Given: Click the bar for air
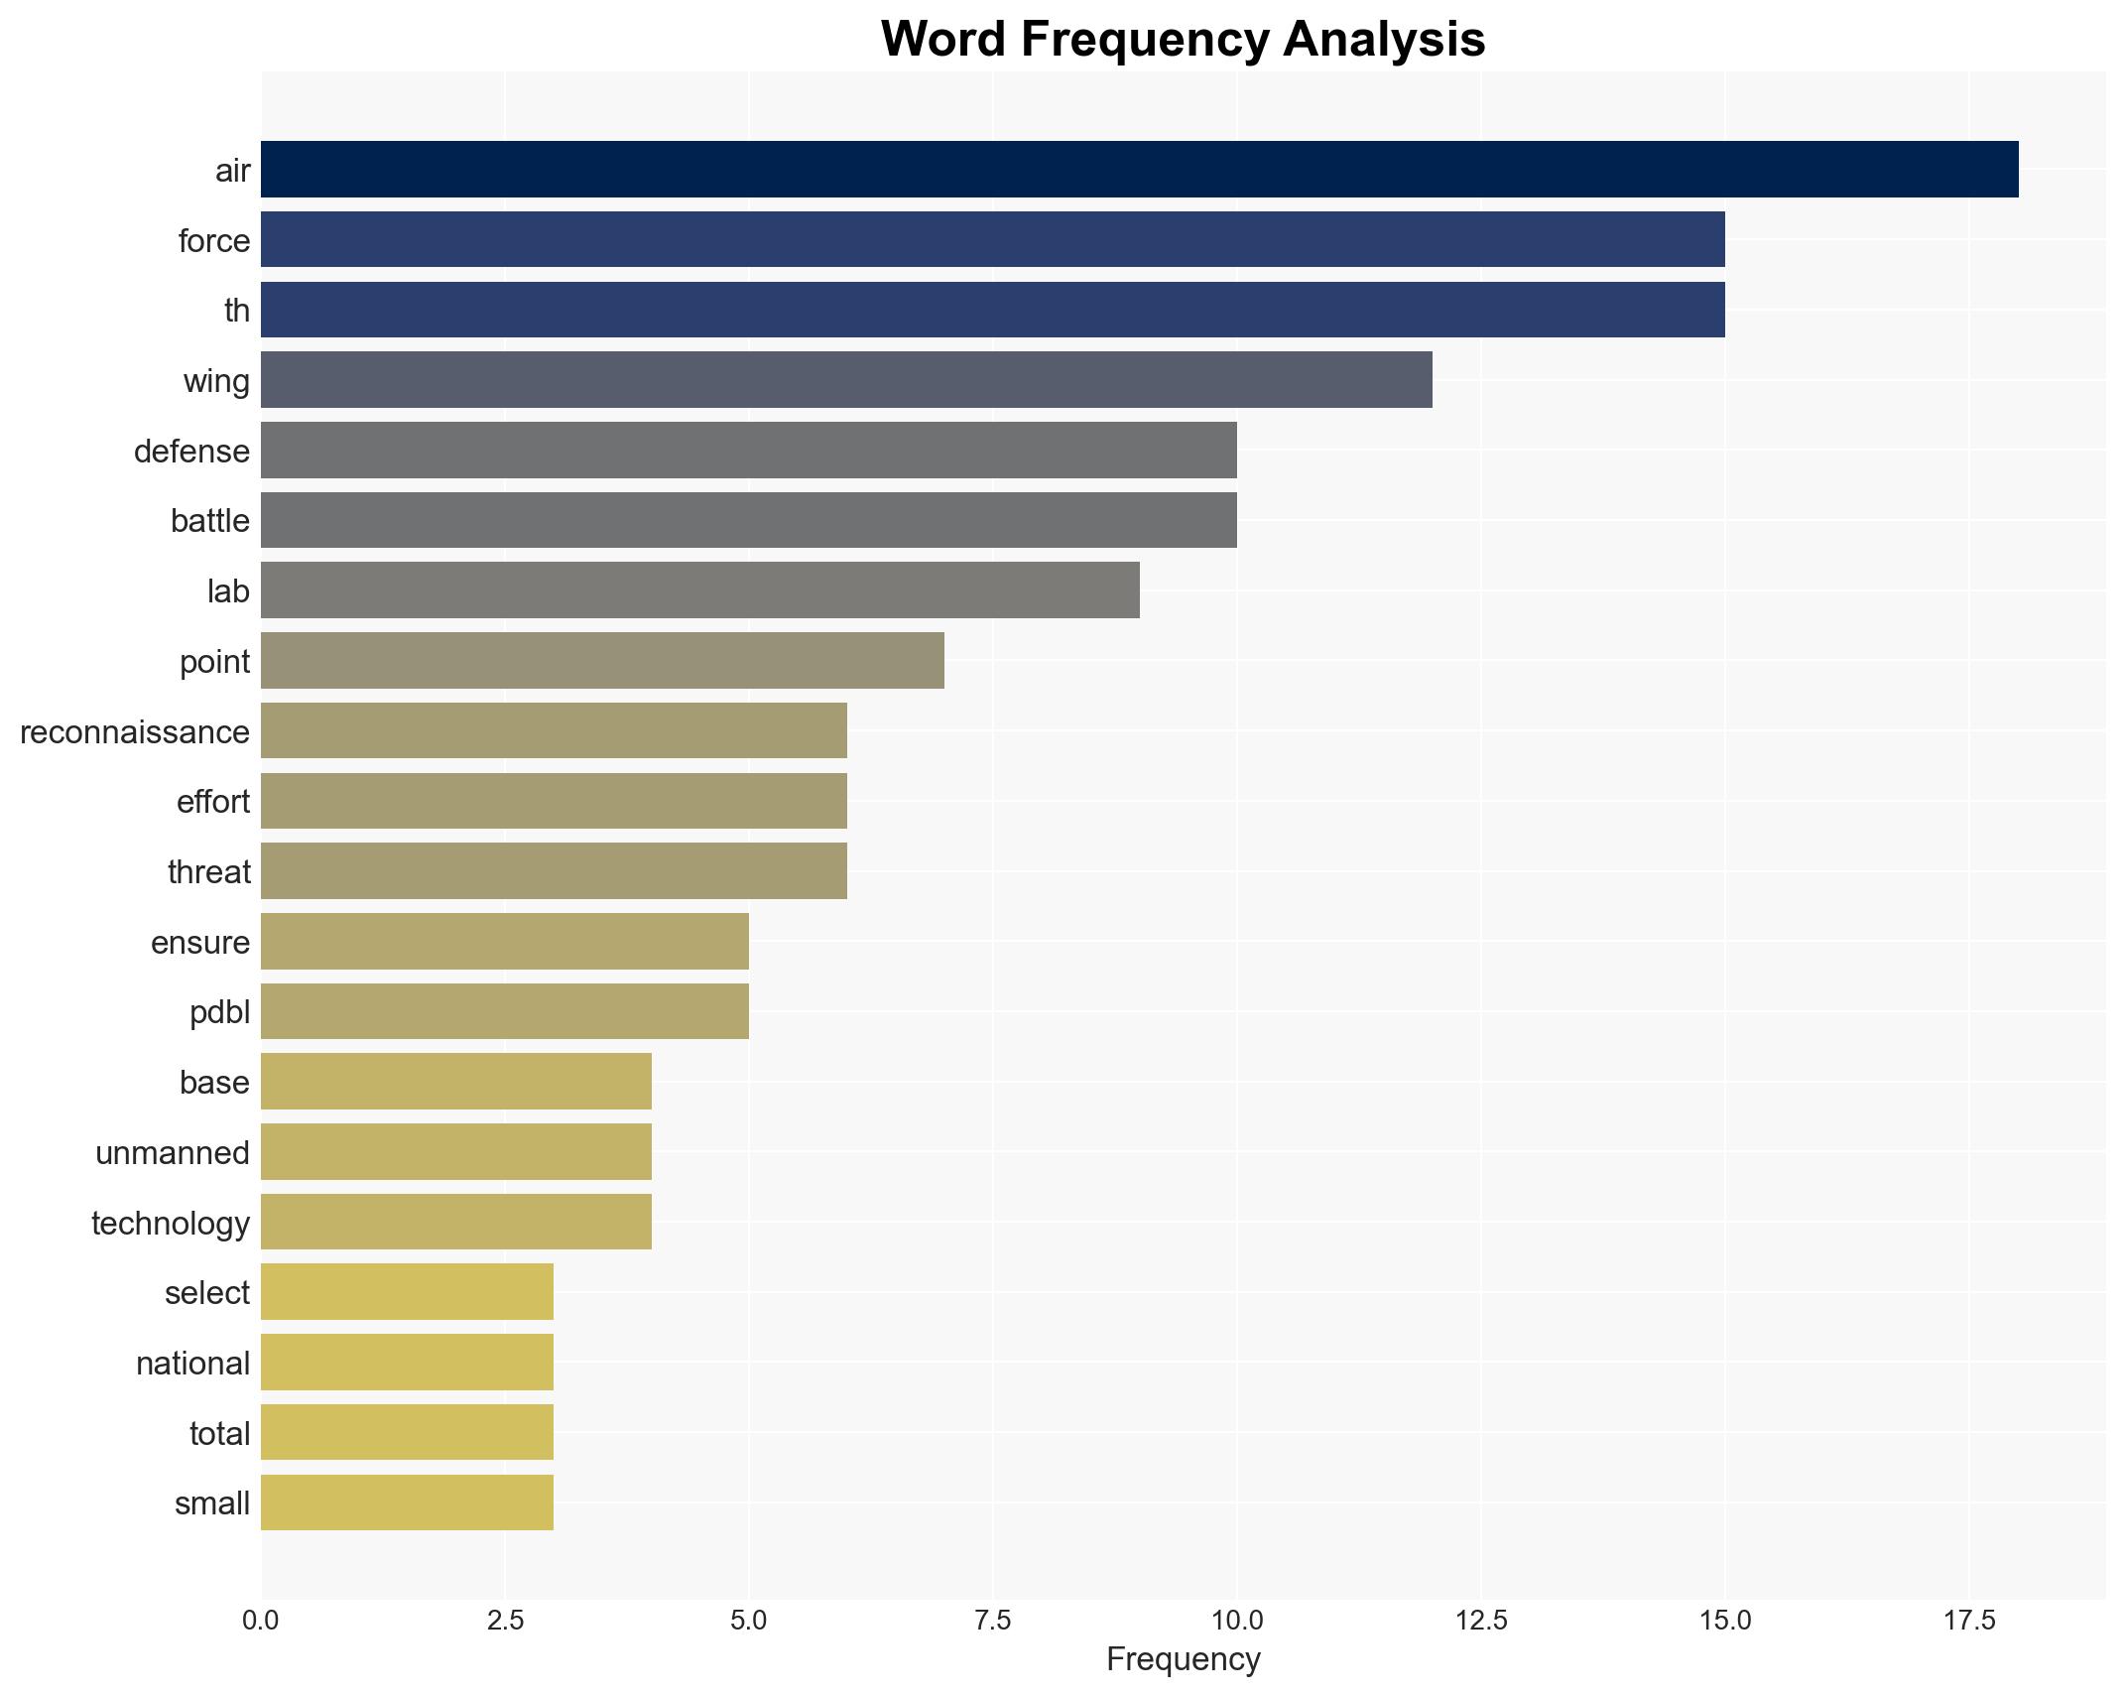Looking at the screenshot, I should [x=1139, y=170].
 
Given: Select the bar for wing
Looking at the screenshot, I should [x=846, y=380].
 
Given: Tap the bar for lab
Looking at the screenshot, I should [x=699, y=590].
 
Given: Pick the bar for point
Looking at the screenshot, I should [x=602, y=661].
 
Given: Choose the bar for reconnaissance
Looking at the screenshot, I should [x=554, y=731].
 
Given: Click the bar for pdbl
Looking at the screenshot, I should [x=505, y=1012].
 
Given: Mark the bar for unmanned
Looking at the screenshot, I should [x=456, y=1152].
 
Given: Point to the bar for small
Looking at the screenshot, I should [x=407, y=1503].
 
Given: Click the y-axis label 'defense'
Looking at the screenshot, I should [x=191, y=452].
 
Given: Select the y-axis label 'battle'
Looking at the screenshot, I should [x=209, y=521].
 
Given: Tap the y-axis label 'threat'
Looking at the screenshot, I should [x=208, y=872].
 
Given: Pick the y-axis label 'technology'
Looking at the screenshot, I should [x=170, y=1224].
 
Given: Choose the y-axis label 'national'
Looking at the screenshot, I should [x=192, y=1364].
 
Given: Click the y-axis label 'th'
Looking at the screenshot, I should [x=236, y=311].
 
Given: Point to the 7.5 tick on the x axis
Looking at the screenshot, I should [x=993, y=1622].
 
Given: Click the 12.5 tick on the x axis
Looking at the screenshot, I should [x=1481, y=1622].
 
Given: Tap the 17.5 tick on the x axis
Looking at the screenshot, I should [x=1969, y=1622].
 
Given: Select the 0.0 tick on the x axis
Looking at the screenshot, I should [x=261, y=1622].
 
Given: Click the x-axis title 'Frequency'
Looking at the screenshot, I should [x=1183, y=1659].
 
